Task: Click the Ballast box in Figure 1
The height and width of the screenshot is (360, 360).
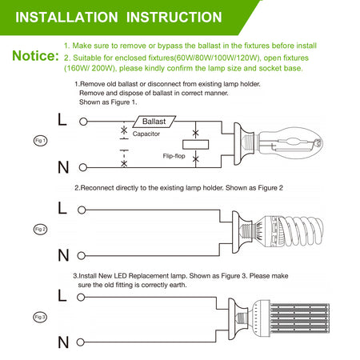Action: [x=154, y=122]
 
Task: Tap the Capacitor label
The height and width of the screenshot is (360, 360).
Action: [x=146, y=134]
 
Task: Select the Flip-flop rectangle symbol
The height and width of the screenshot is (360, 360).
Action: [x=195, y=145]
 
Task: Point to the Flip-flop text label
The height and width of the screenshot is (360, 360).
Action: [x=174, y=156]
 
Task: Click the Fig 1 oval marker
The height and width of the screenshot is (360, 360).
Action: [x=40, y=141]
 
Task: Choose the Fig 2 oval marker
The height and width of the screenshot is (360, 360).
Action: [x=40, y=229]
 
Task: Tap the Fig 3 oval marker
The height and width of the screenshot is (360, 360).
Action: [x=40, y=317]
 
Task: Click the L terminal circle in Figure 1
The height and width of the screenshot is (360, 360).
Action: [x=83, y=122]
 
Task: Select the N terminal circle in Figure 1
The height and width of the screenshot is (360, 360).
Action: [x=83, y=167]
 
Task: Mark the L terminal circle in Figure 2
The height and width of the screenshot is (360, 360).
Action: [x=82, y=210]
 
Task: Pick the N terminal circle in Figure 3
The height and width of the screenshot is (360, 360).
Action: [x=80, y=342]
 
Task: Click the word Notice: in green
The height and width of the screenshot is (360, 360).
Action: [x=35, y=56]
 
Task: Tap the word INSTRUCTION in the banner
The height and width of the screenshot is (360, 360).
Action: [x=174, y=18]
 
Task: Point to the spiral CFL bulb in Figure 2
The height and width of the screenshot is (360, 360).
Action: [x=288, y=231]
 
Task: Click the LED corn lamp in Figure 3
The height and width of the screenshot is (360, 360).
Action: [x=290, y=318]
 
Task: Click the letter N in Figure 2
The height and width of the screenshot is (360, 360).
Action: [x=63, y=255]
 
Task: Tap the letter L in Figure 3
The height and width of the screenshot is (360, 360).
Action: [x=62, y=295]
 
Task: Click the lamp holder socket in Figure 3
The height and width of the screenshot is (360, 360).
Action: [x=238, y=319]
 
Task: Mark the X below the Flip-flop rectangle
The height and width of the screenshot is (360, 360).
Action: [x=195, y=159]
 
